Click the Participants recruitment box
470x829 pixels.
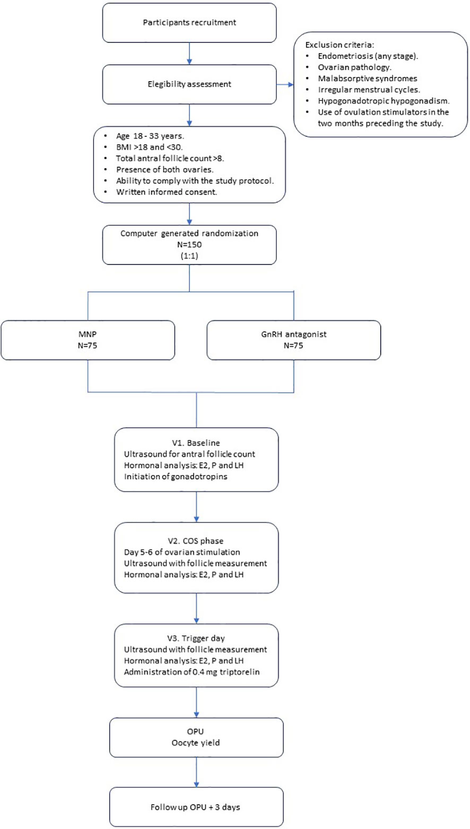coord(189,23)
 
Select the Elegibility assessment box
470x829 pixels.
coord(189,83)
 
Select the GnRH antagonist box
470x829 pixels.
coord(293,340)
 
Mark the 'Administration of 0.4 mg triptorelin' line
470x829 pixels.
coord(189,670)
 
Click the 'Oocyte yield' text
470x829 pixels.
coord(196,743)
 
